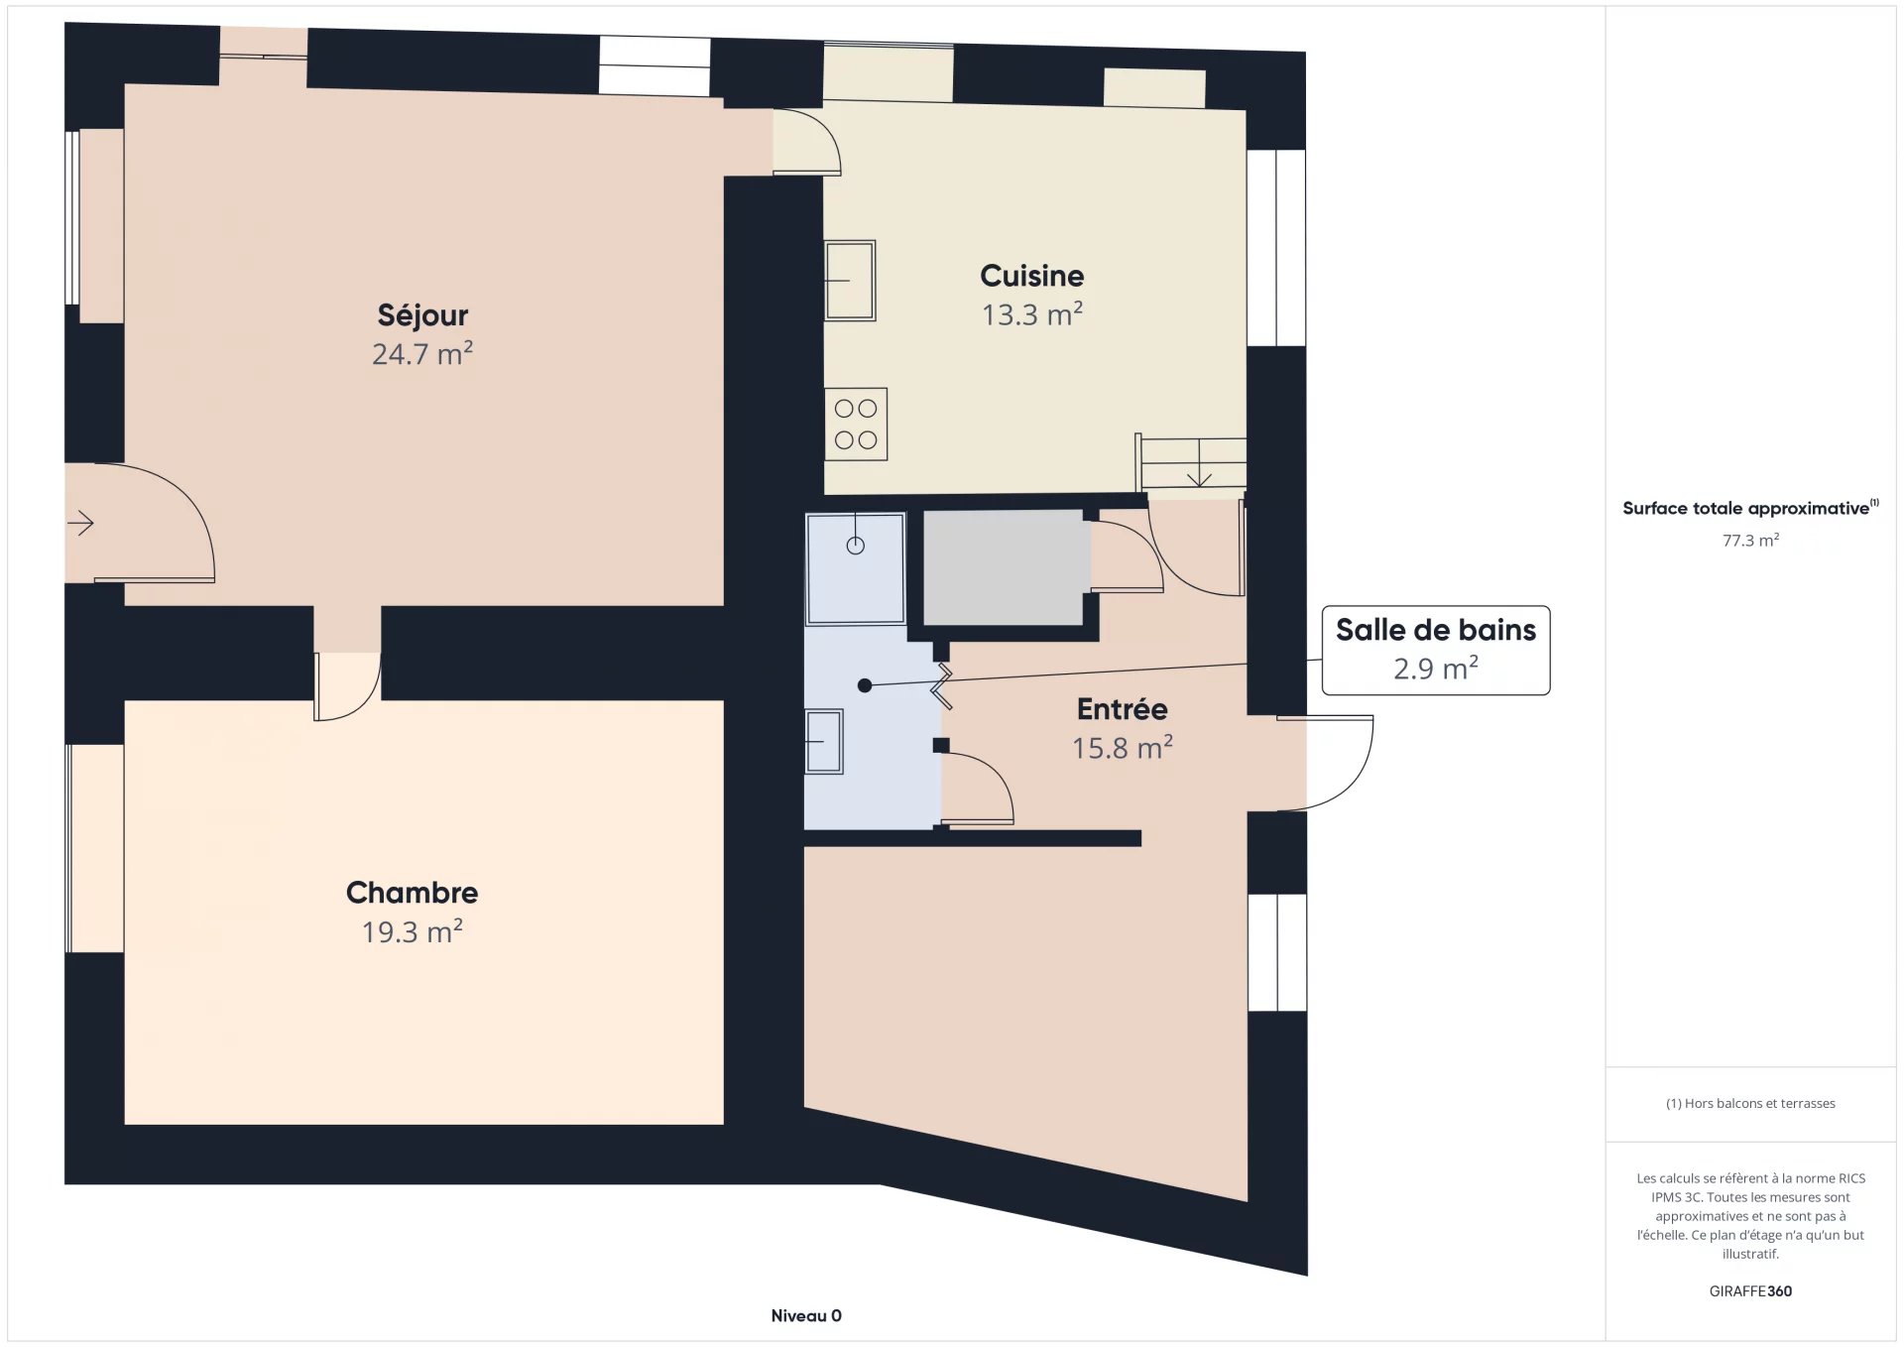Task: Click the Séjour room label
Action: point(422,315)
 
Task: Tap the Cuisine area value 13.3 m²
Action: point(1031,314)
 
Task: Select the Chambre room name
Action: point(412,893)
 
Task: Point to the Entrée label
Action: point(1122,708)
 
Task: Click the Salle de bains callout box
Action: point(1436,651)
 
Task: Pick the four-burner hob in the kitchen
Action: point(856,424)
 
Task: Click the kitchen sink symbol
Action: point(850,281)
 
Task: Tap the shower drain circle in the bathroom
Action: point(856,545)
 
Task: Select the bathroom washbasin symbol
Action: point(824,741)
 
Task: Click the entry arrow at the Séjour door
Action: point(81,522)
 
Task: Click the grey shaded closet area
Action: point(1003,567)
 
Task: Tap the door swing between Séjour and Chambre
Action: point(348,686)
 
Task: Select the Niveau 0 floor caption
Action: point(806,1315)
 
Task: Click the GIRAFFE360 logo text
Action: point(1750,1290)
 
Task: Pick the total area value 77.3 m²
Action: point(1750,540)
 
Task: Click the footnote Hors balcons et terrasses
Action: point(1750,1103)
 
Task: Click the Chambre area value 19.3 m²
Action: point(412,931)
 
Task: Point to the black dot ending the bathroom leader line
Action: point(865,685)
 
